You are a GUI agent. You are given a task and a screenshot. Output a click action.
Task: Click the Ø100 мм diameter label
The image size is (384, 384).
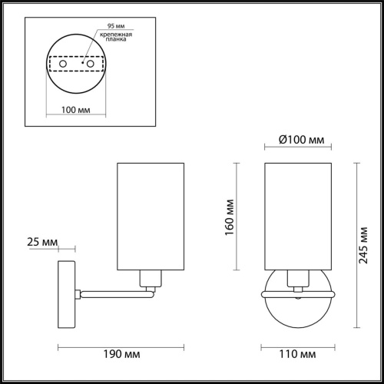[x=300, y=139]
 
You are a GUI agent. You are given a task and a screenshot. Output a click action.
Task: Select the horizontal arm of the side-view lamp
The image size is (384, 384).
[x=115, y=292]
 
